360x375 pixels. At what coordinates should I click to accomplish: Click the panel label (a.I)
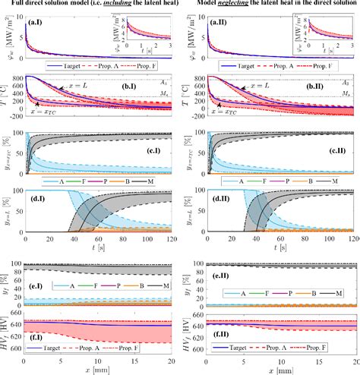(x=37, y=24)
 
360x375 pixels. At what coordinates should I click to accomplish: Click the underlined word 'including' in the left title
(x=111, y=5)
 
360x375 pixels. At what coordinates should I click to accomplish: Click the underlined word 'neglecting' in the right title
(x=240, y=5)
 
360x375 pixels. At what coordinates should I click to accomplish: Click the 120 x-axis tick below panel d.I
(x=173, y=238)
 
